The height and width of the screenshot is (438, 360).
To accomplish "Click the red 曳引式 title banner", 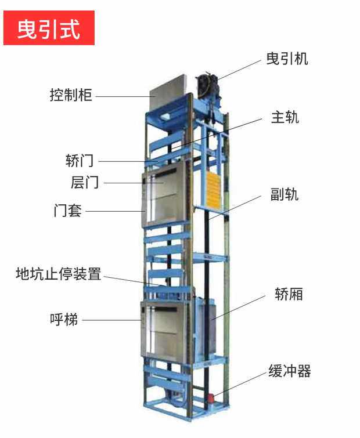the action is click(x=49, y=28).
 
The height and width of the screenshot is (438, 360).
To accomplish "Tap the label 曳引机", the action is click(x=287, y=59).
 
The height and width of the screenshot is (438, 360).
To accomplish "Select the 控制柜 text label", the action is click(x=71, y=95).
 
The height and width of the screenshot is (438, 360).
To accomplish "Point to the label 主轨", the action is click(x=285, y=117).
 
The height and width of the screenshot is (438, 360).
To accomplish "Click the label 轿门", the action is click(x=80, y=161).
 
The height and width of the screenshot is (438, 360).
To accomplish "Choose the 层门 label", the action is click(x=85, y=182).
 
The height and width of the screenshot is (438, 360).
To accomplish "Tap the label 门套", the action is click(x=67, y=211).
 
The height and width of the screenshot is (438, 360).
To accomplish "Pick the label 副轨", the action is click(x=285, y=194).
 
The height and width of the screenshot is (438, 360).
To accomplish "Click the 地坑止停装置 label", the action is click(x=59, y=274).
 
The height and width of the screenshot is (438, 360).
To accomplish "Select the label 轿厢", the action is click(x=289, y=294).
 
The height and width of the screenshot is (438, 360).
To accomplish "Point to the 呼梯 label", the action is click(x=64, y=319).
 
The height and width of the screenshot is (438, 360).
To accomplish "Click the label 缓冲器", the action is click(x=290, y=371).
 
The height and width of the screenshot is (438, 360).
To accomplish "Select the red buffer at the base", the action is click(x=212, y=399).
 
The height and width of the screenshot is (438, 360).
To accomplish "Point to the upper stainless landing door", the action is click(x=164, y=195).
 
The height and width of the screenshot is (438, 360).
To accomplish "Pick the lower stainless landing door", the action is click(x=164, y=331).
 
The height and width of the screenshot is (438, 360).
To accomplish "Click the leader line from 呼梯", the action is click(x=111, y=320).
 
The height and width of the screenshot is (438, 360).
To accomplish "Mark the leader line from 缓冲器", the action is click(x=240, y=384).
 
